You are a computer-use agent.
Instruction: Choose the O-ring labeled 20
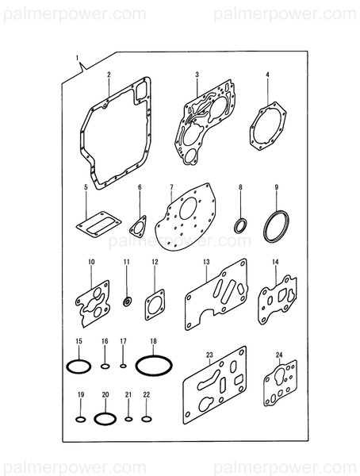[104, 418]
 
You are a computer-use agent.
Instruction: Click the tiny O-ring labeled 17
[123, 367]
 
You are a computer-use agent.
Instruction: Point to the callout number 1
[77, 59]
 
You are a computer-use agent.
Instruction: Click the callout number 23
[210, 354]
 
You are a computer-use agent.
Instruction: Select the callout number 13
[205, 261]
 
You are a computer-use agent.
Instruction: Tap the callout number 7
[170, 187]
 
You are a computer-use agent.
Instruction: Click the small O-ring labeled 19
[80, 418]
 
